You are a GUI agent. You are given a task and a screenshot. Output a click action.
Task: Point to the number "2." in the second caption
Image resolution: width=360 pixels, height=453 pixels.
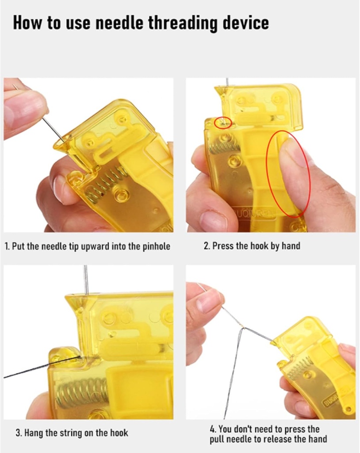pyautogui.click(x=207, y=246)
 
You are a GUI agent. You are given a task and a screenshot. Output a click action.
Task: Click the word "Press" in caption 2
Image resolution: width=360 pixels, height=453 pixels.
pyautogui.click(x=223, y=246)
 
